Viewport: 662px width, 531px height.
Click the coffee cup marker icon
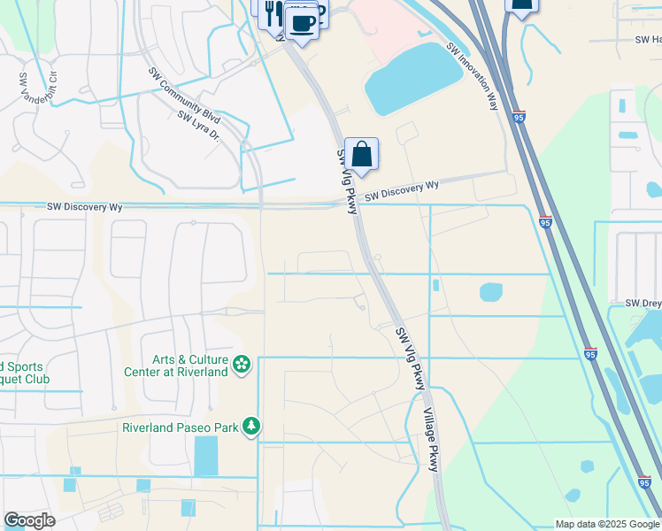(x=302, y=22)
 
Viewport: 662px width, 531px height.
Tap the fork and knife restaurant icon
(x=273, y=12)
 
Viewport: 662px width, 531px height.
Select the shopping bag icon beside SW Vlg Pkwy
(x=361, y=154)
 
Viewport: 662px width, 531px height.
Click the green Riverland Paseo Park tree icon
(x=252, y=427)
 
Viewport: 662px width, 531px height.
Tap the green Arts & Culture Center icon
(x=241, y=365)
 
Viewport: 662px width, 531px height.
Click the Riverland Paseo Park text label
(x=181, y=427)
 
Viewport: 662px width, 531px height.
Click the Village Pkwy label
(x=431, y=439)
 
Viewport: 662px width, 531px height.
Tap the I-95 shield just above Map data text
(x=643, y=482)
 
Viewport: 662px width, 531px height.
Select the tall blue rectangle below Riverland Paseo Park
(x=205, y=455)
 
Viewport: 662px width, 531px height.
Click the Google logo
(x=29, y=520)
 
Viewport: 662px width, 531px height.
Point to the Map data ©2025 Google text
(x=606, y=524)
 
